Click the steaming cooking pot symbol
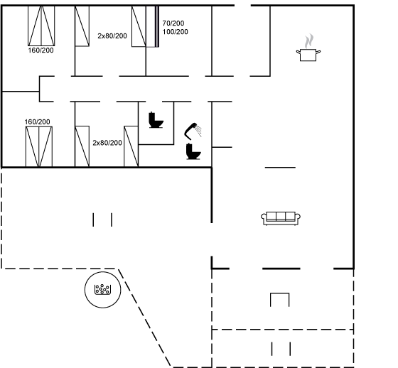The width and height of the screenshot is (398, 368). point(308,48)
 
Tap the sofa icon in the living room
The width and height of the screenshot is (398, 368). point(281,218)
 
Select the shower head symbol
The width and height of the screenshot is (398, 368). point(190,131)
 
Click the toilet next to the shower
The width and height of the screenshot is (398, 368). point(193,151)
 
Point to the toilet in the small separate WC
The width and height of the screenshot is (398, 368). point(156,120)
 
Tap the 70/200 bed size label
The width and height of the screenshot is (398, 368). point(173,23)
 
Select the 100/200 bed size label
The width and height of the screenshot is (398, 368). point(175,32)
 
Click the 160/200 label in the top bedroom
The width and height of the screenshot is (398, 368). point(41,50)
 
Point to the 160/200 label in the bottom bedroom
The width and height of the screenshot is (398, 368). point(37,121)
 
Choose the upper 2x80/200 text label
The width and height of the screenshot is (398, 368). point(112,36)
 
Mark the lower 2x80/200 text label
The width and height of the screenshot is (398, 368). point(107,143)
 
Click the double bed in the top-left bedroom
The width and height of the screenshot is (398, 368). point(41,26)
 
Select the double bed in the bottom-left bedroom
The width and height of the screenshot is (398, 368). point(39,146)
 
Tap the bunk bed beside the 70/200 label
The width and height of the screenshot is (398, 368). point(152,27)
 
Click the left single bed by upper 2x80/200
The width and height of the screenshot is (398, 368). point(82,26)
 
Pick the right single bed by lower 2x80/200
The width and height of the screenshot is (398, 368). point(131,146)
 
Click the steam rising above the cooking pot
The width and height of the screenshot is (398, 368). point(309,41)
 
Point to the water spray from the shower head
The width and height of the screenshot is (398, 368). point(198,131)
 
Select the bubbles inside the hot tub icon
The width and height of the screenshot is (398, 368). point(102,289)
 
